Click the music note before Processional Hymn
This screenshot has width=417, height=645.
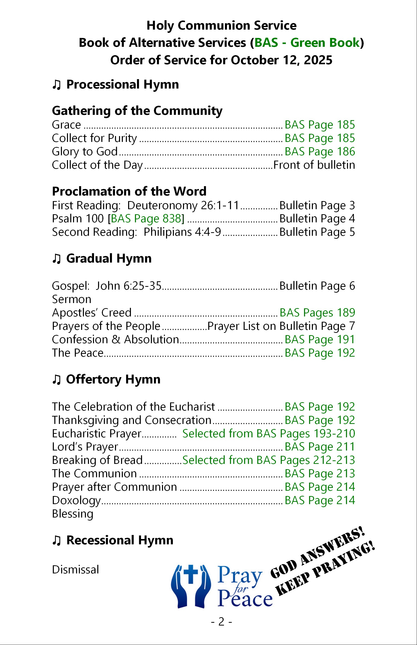pos(56,84)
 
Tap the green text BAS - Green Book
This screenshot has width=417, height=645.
pos(307,43)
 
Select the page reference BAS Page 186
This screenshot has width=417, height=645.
pos(319,152)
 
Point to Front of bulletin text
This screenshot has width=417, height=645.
pos(314,165)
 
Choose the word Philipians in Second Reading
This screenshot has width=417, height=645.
pos(168,232)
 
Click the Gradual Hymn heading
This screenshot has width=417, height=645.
pos(109,258)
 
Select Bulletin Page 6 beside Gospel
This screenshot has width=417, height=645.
pos(317,286)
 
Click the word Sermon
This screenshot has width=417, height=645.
pos(72,299)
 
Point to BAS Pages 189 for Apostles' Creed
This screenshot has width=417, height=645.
pos(317,313)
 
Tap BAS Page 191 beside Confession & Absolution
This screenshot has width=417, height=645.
pos(319,339)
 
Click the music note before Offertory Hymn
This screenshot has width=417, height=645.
pos(56,379)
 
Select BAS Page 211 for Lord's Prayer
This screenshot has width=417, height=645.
pos(319,447)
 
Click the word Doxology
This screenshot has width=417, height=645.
pos(76,500)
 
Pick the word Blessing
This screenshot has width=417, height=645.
pos(73,513)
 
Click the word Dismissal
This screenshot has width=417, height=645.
pos(75,570)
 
